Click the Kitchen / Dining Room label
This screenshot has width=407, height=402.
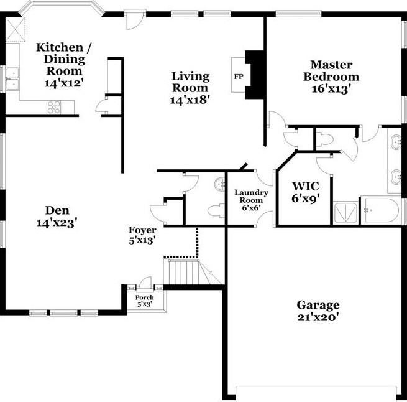60,58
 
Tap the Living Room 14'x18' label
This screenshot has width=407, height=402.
191,86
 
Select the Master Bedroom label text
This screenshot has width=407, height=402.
331,76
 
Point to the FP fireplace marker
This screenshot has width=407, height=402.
238,77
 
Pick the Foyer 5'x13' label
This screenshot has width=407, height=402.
142,235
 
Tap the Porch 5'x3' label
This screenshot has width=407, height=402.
144,301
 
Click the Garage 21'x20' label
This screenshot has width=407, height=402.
318,310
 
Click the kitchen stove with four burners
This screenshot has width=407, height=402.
54,107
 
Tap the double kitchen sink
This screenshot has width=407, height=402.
12,78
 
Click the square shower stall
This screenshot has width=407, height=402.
346,212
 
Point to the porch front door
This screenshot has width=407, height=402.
145,284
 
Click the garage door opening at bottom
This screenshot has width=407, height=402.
316,391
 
